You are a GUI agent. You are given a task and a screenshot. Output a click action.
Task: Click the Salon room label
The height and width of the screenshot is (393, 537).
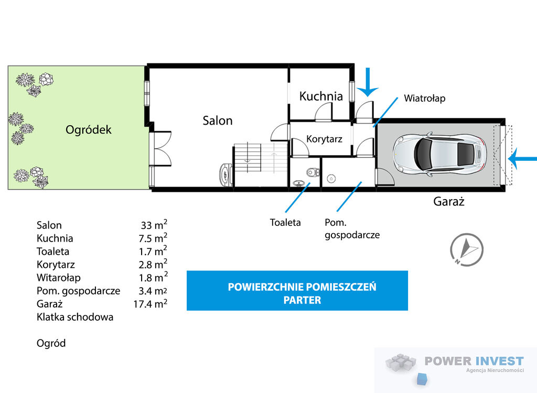point(218,121)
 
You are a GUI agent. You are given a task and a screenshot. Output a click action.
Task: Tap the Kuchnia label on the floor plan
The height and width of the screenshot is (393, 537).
point(321,96)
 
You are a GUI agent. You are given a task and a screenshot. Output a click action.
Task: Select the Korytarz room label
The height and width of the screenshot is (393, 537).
point(324,139)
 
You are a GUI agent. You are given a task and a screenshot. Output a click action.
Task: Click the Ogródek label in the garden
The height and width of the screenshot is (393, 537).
point(89,129)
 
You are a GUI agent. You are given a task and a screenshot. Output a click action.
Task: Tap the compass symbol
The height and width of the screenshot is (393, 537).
point(466,249)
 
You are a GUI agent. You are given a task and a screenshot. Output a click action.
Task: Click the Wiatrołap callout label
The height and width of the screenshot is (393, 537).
point(425,98)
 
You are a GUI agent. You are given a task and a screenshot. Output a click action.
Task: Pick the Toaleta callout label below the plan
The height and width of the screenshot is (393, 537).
point(285,222)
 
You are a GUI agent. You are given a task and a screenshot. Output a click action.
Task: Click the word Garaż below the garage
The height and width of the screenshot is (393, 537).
point(448,201)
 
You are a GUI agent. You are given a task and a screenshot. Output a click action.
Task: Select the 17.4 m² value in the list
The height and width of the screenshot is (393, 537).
point(151,303)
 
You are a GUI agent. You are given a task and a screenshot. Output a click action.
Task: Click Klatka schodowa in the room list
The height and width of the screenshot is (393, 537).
point(75,317)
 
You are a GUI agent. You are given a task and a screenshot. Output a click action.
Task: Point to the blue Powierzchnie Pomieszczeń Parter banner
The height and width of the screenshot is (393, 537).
point(297,291)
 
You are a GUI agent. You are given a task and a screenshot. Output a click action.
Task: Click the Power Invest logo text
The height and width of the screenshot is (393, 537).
point(474,361)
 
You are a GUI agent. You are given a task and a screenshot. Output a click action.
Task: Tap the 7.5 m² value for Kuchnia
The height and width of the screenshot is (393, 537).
point(153,238)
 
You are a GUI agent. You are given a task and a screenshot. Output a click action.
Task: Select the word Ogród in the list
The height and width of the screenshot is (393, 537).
point(51,343)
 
